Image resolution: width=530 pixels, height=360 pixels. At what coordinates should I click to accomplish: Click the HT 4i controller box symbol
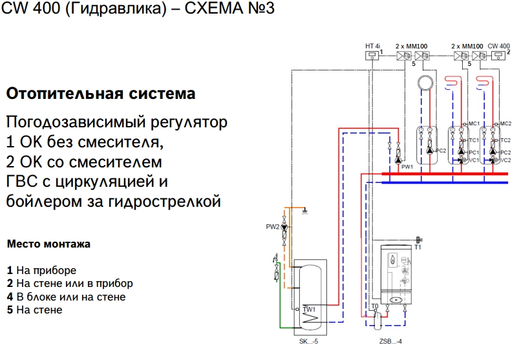coord(372,56)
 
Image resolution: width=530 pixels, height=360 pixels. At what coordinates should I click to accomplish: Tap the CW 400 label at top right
coord(498,46)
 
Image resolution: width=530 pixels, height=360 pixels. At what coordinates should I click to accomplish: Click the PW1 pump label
coord(407,167)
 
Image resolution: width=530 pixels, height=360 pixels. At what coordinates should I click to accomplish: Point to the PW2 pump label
coord(273,227)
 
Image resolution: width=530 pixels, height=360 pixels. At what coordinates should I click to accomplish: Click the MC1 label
coord(474,123)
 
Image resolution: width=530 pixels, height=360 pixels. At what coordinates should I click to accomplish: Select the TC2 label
coord(505,140)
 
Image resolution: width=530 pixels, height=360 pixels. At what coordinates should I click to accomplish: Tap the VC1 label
coord(474,160)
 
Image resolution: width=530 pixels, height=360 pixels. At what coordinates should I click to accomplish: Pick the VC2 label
coord(505,160)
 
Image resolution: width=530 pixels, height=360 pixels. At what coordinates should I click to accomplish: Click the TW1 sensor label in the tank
coord(309,310)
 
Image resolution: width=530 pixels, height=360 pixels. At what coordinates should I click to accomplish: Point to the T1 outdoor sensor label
coord(418,246)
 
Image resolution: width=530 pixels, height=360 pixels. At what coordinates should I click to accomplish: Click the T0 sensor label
coord(374,306)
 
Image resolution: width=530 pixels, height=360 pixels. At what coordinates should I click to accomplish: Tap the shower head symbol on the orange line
coord(304,211)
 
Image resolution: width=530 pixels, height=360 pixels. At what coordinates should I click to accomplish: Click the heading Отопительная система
coord(100,94)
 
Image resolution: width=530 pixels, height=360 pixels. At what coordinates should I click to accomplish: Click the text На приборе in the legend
coord(46,270)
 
